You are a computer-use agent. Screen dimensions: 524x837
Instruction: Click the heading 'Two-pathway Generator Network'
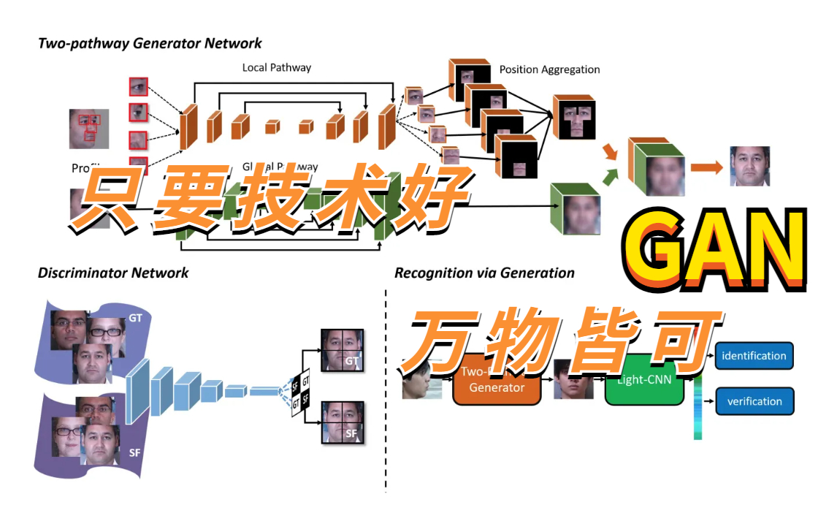pos(150,44)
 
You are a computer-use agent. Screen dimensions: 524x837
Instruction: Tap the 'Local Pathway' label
pos(276,67)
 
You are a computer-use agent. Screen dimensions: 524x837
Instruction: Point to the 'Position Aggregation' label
pos(549,69)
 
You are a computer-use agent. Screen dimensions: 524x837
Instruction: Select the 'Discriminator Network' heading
pos(113,273)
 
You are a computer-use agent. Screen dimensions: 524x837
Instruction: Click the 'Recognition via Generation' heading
pos(484,273)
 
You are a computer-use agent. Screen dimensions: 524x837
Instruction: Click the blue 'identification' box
pos(753,356)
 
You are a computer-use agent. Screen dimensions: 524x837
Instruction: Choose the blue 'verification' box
pos(753,401)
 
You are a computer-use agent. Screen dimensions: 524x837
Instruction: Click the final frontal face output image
pos(749,166)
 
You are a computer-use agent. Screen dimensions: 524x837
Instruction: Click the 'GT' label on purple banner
pos(135,319)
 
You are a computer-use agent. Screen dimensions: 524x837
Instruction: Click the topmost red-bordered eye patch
pos(138,87)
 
